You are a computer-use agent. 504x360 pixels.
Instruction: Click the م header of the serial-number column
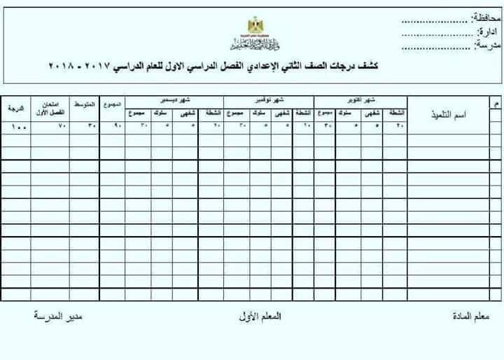pyautogui.click(x=496, y=104)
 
